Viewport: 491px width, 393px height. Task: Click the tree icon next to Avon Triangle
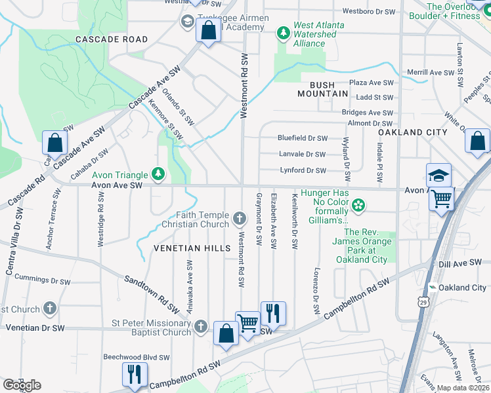pos(158,174)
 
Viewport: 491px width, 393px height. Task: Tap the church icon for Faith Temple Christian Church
pos(240,217)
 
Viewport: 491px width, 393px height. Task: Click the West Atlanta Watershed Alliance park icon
pos(284,31)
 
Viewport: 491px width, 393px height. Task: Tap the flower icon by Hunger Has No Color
pos(358,206)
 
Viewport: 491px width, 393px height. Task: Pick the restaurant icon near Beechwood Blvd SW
pos(133,373)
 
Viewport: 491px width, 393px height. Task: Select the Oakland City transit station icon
pos(432,288)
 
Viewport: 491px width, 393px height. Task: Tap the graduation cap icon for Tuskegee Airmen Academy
pos(187,22)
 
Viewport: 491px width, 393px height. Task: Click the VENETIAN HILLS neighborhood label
pos(192,248)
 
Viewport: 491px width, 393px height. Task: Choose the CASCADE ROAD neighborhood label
pos(112,39)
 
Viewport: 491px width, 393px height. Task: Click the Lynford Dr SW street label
pos(303,170)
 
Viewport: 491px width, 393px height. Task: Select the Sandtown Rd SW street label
pos(152,291)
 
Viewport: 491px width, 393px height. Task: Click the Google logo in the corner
pos(22,385)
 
